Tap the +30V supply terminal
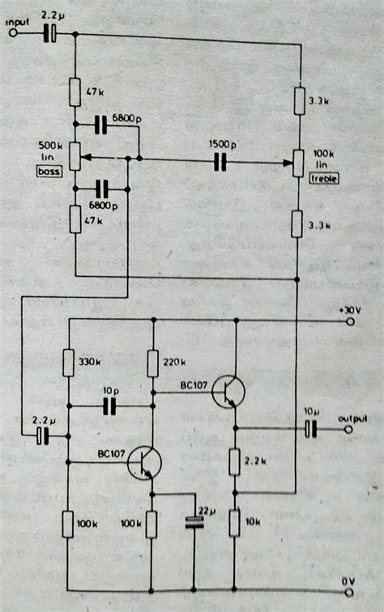(351, 321)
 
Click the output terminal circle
(351, 429)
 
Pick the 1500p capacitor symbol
(218, 162)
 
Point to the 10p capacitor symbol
(109, 402)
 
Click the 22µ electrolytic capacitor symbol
(193, 522)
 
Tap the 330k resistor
(70, 363)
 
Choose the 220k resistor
(152, 363)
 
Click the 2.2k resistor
(235, 463)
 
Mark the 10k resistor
(235, 523)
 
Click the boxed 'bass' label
(50, 171)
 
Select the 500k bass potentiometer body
(74, 155)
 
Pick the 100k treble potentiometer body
(297, 162)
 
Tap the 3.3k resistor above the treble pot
(297, 101)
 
